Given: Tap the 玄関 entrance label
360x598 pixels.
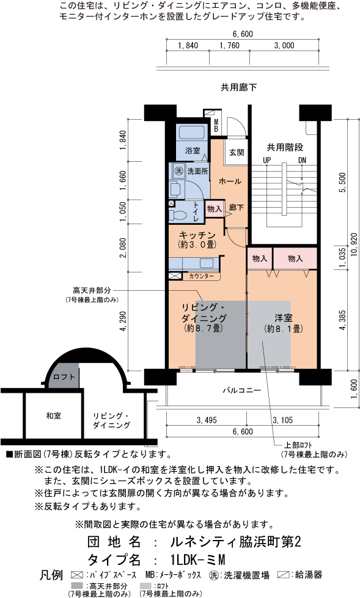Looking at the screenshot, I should coord(237,153).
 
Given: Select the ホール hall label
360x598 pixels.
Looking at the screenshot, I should coord(230,181).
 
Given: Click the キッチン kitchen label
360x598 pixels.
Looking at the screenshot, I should coord(197,235).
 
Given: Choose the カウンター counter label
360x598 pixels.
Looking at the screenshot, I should coord(201,277).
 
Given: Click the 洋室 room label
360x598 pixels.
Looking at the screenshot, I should coord(282,318).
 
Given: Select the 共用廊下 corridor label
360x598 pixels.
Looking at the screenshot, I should coord(238,88).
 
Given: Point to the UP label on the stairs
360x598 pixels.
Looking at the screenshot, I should coord(266,160).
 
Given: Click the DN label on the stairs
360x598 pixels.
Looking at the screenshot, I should coord(302,160).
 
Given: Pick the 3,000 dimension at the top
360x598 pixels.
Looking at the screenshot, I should coord(284,45).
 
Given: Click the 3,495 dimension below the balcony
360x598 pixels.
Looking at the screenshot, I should coord(208,420).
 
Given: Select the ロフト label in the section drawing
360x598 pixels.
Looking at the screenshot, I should coord(64,377).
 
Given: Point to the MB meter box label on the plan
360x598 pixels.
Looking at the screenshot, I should coord(216,125).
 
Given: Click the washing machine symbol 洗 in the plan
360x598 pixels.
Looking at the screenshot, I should coord(179,170).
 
